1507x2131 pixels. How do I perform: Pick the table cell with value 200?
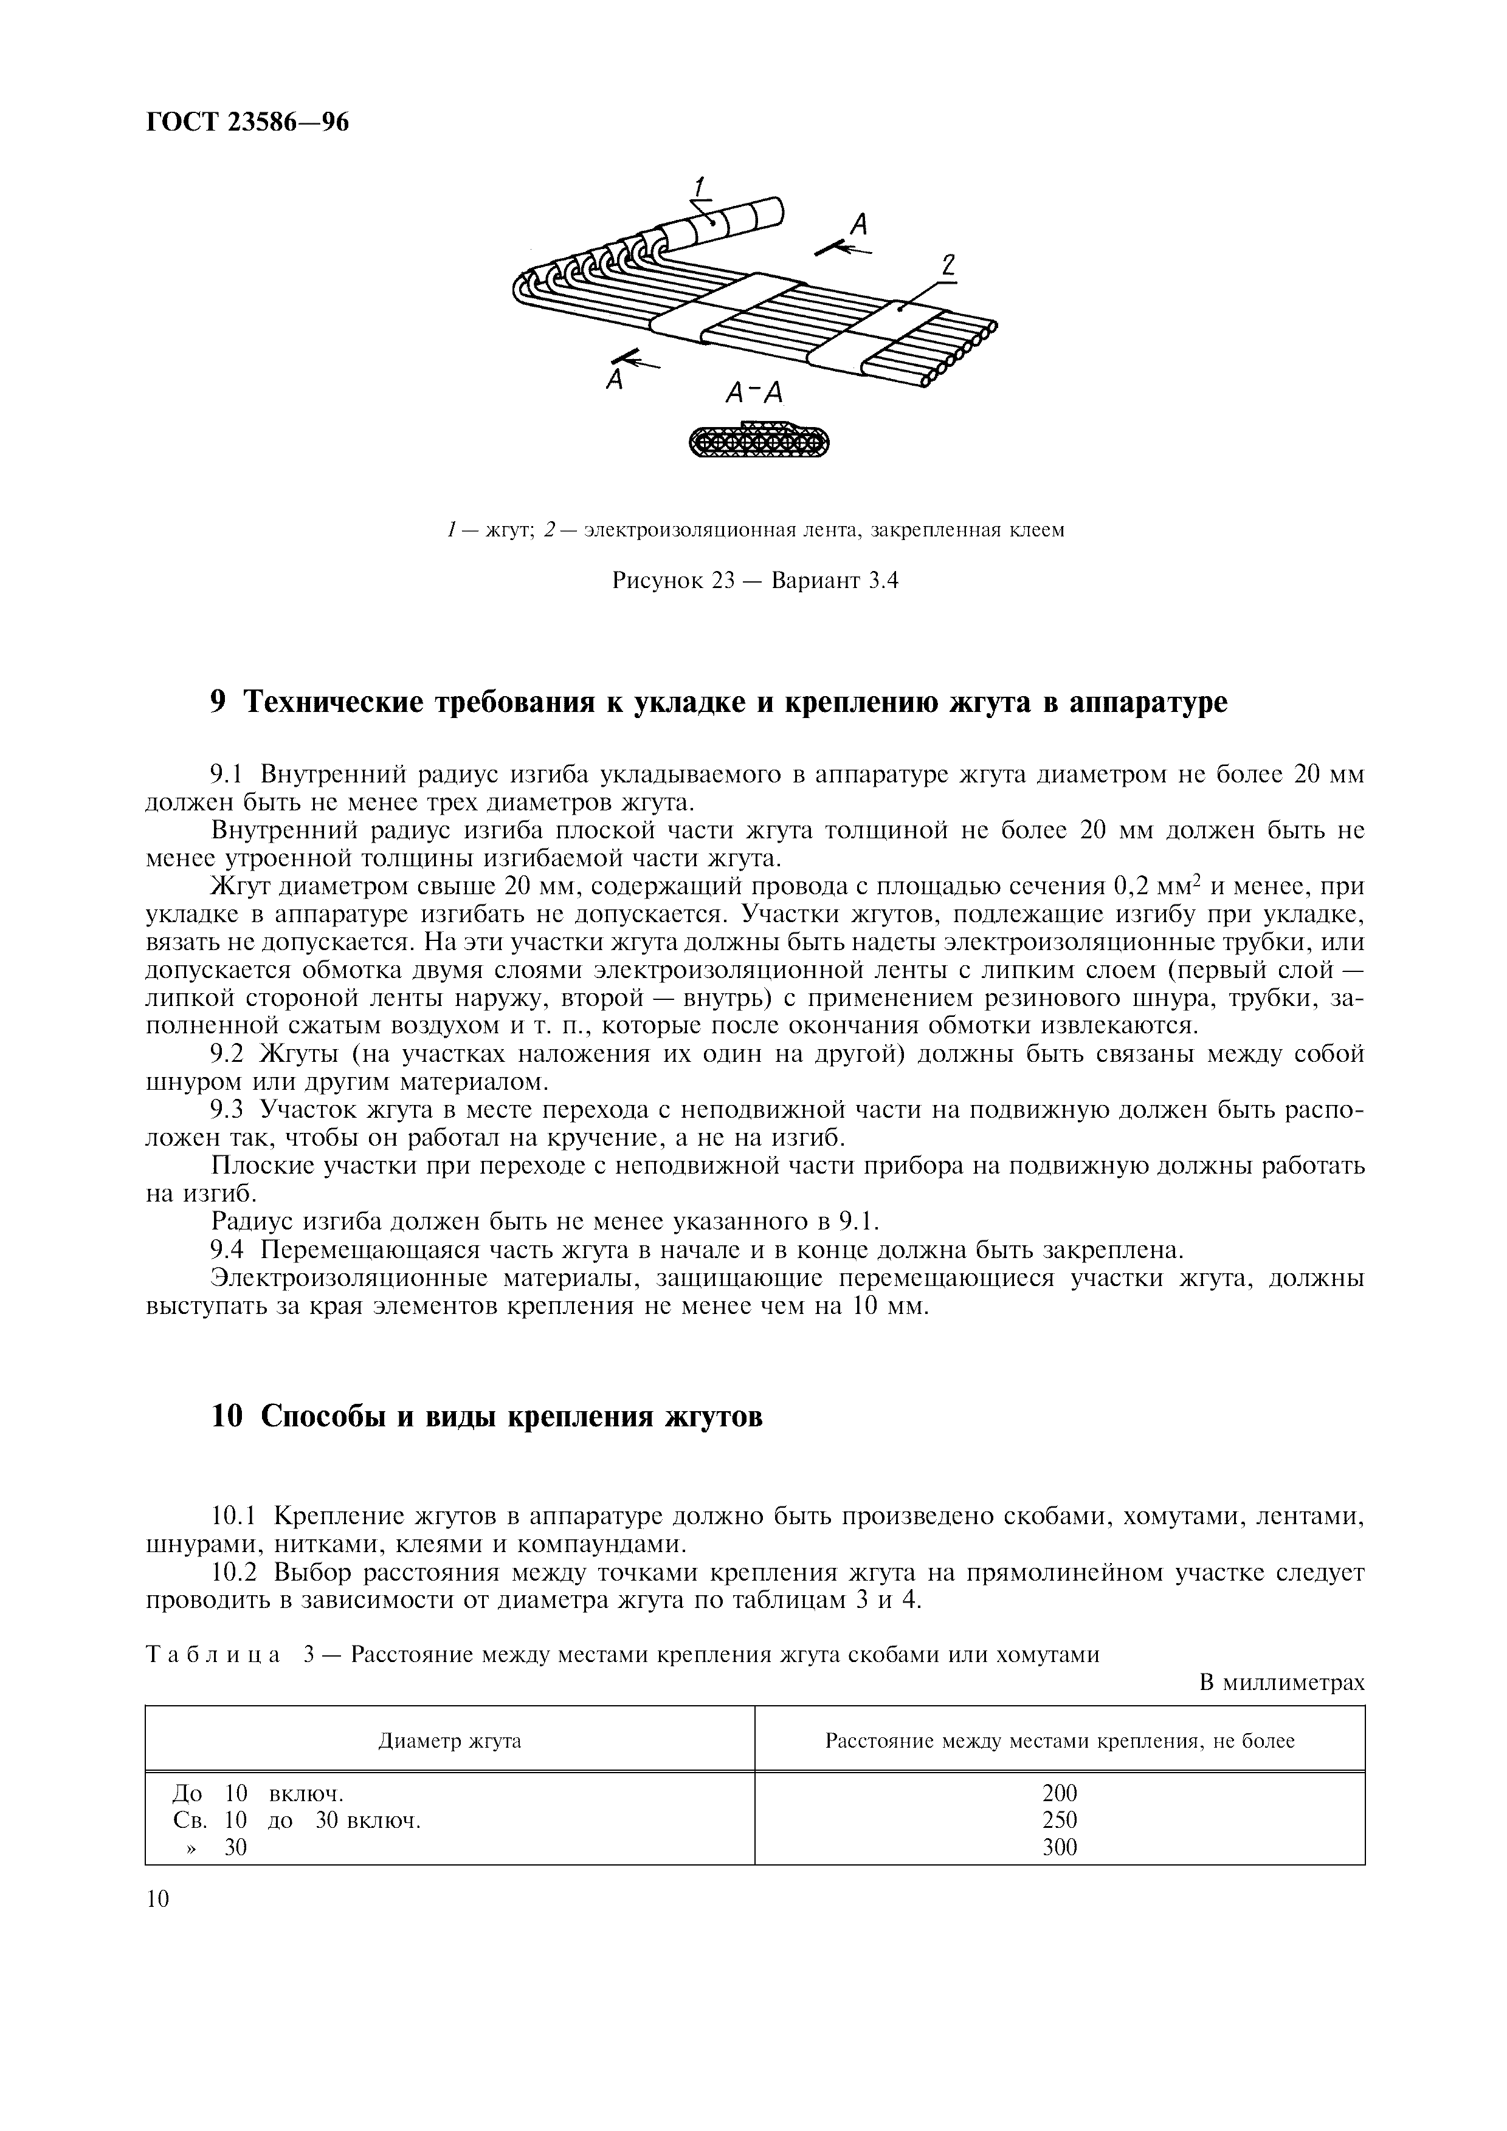pyautogui.click(x=1060, y=1793)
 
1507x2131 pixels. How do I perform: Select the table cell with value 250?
pyautogui.click(x=1060, y=1820)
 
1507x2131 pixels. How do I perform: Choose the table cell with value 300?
pyautogui.click(x=1060, y=1847)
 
